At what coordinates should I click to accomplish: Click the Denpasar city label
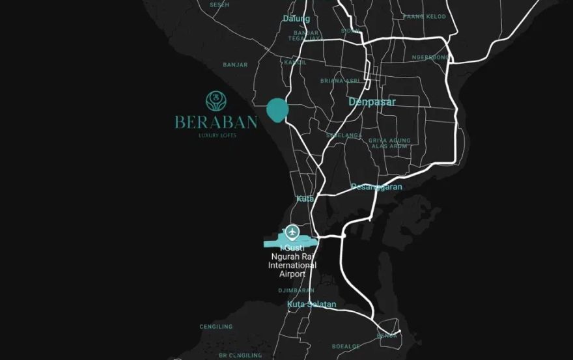coord(372,102)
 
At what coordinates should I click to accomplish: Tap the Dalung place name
coord(296,19)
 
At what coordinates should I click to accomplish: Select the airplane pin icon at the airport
coord(292,231)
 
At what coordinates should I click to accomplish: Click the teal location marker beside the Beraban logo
coord(277,111)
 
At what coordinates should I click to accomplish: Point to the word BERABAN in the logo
coord(216,122)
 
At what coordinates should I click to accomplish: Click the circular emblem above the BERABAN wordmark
coord(216,101)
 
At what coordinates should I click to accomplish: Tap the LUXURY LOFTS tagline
coord(217,135)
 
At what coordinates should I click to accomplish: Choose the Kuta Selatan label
coord(311,305)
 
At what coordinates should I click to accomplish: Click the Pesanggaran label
coord(376,187)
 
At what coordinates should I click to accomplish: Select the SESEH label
coord(219,5)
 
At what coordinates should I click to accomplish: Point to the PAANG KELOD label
coord(425,16)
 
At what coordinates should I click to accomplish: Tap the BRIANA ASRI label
coord(340,81)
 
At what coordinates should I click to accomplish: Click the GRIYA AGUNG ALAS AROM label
coord(389,143)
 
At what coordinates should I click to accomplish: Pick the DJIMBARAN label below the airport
coord(296,290)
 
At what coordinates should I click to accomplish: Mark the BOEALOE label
coord(346,346)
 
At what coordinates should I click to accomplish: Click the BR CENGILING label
coord(240,355)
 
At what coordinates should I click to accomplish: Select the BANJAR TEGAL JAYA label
coord(306,35)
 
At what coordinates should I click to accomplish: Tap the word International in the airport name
coord(292,266)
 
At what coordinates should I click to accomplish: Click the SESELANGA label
coord(344,135)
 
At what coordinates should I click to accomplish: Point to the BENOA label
coord(387,336)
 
